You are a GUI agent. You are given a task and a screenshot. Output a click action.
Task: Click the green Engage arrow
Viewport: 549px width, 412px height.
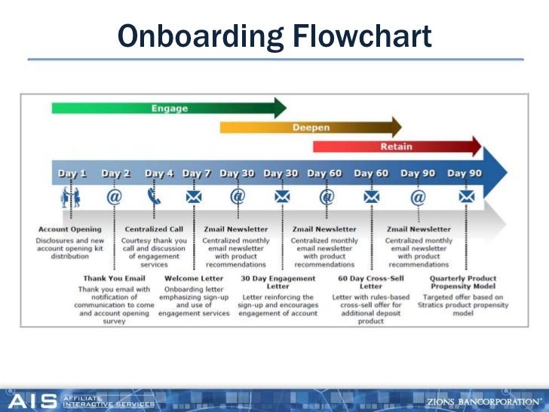pos(169,108)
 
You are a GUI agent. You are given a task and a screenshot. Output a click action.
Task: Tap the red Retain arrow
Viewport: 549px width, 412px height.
pos(397,146)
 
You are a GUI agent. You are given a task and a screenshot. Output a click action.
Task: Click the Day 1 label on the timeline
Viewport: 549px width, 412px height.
pos(72,174)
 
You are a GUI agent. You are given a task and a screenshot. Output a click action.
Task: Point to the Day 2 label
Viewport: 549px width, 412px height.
pos(115,174)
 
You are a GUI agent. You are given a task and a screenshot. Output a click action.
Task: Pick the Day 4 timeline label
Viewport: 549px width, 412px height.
pos(159,174)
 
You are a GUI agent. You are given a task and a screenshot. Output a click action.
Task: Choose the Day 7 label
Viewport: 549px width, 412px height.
pos(197,174)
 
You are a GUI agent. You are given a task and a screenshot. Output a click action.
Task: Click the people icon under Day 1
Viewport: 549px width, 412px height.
pos(71,198)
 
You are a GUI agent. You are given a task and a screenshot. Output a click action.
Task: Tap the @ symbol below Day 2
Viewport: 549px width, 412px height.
pos(114,198)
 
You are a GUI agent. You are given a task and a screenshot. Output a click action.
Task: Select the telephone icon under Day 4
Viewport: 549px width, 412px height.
pos(154,198)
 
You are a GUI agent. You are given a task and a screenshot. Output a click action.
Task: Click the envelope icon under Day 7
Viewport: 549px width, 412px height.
pos(194,198)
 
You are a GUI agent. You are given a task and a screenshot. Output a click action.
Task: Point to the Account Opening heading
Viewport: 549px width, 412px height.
pos(69,229)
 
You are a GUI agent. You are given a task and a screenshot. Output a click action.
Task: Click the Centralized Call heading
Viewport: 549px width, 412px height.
pos(154,229)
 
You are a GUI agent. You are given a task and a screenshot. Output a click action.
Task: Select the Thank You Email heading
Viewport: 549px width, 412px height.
pos(114,278)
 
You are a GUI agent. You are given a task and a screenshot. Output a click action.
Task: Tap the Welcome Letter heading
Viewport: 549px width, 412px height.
pos(194,278)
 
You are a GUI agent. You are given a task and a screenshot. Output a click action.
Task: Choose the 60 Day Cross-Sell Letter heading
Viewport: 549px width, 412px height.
pos(371,282)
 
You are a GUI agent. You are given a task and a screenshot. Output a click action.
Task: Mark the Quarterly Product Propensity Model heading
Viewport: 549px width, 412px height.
pos(463,282)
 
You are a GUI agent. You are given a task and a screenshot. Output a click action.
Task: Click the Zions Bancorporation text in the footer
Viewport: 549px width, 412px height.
pos(483,401)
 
